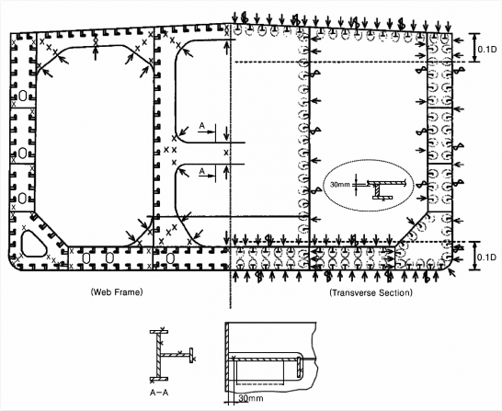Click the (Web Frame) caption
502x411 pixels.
[117, 291]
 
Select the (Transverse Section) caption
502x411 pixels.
[371, 292]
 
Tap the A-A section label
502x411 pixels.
[159, 393]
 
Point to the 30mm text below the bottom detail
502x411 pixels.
[251, 398]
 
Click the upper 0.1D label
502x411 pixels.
[487, 50]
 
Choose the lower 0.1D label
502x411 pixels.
[487, 257]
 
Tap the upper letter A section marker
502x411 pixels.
[201, 125]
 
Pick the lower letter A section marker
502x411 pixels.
[201, 172]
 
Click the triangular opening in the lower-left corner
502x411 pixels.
[33, 244]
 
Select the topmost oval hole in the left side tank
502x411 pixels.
[23, 96]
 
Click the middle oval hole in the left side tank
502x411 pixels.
[22, 153]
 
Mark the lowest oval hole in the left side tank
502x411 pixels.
[22, 198]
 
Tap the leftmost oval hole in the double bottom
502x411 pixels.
[86, 257]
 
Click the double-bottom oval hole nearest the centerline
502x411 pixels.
[170, 257]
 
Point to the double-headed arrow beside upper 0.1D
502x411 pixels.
[475, 48]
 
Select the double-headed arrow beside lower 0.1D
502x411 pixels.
[475, 256]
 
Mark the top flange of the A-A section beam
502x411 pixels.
[159, 332]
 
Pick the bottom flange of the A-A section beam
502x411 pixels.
[159, 379]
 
